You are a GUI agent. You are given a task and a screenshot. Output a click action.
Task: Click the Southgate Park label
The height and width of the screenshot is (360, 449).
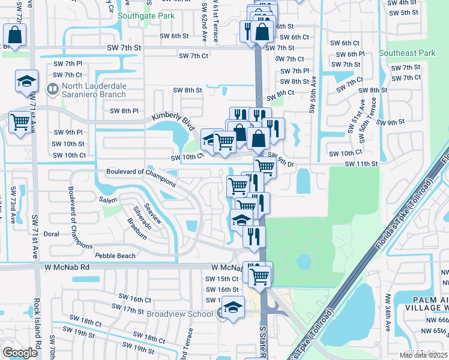[x=146, y=16]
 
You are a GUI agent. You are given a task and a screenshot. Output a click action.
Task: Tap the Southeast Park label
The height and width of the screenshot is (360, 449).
[x=407, y=53]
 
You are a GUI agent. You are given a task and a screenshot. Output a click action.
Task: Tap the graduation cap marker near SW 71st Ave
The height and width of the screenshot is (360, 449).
[x=26, y=82]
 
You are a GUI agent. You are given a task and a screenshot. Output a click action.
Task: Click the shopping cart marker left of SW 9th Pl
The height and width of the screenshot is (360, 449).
[x=20, y=122]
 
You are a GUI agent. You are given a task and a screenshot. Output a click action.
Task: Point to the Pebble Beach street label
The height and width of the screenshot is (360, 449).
[x=115, y=256]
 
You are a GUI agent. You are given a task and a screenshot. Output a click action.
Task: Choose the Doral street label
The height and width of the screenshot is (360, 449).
[x=52, y=235]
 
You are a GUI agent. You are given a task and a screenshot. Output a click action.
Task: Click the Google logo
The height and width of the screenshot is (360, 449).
[x=20, y=353]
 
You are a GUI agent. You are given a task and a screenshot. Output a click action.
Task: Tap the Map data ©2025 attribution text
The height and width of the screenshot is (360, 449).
[x=423, y=355]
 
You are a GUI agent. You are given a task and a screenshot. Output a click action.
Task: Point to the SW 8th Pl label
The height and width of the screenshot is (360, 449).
[x=124, y=111]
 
